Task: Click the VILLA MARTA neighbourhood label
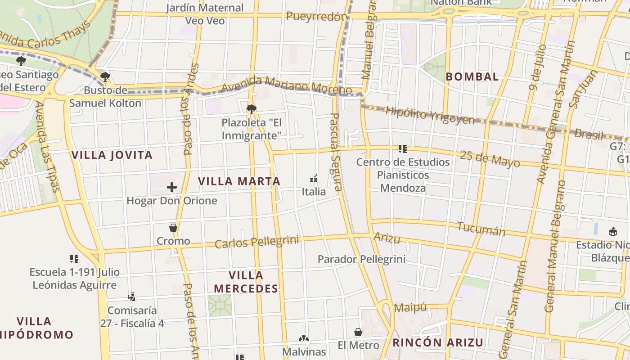tap(239, 181)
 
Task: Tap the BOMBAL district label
tap(472, 76)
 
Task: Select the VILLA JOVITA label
tap(112, 155)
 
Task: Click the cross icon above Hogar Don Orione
tap(172, 187)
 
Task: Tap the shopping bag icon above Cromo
tap(173, 228)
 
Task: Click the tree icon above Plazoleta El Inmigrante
tap(252, 109)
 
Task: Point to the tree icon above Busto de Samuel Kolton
tap(105, 77)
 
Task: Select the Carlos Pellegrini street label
tap(257, 242)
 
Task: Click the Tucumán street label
tap(481, 229)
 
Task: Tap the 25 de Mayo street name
tap(490, 159)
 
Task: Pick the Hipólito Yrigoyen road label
tap(430, 116)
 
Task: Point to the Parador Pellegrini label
tap(361, 259)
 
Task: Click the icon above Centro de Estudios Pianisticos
tap(403, 148)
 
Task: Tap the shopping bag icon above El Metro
tap(358, 332)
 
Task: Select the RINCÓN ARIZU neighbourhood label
tap(438, 342)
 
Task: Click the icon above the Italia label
tap(314, 179)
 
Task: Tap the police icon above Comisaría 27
tap(132, 297)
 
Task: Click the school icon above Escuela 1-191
tap(74, 259)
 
